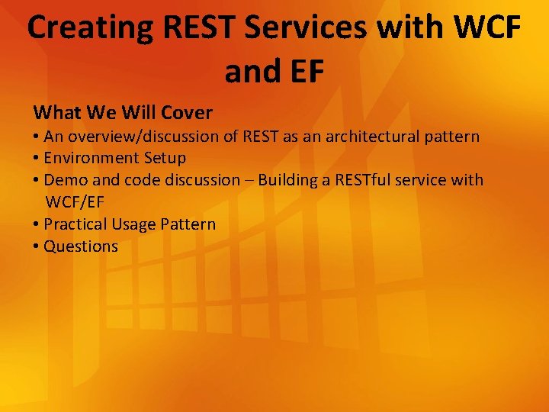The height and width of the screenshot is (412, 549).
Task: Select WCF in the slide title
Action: pyautogui.click(x=487, y=27)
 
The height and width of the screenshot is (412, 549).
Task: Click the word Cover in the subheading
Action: pyautogui.click(x=187, y=113)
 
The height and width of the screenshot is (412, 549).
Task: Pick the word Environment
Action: pyautogui.click(x=91, y=158)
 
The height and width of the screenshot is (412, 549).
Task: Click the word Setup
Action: pyautogui.click(x=164, y=158)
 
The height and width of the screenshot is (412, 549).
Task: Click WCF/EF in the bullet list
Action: pyautogui.click(x=75, y=202)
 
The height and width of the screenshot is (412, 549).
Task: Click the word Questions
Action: pyautogui.click(x=81, y=246)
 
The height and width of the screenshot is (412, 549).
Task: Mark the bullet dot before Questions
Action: pyautogui.click(x=37, y=246)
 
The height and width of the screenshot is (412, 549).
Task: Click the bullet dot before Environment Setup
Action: pyautogui.click(x=37, y=158)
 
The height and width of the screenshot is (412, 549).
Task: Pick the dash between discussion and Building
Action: pyautogui.click(x=249, y=181)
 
